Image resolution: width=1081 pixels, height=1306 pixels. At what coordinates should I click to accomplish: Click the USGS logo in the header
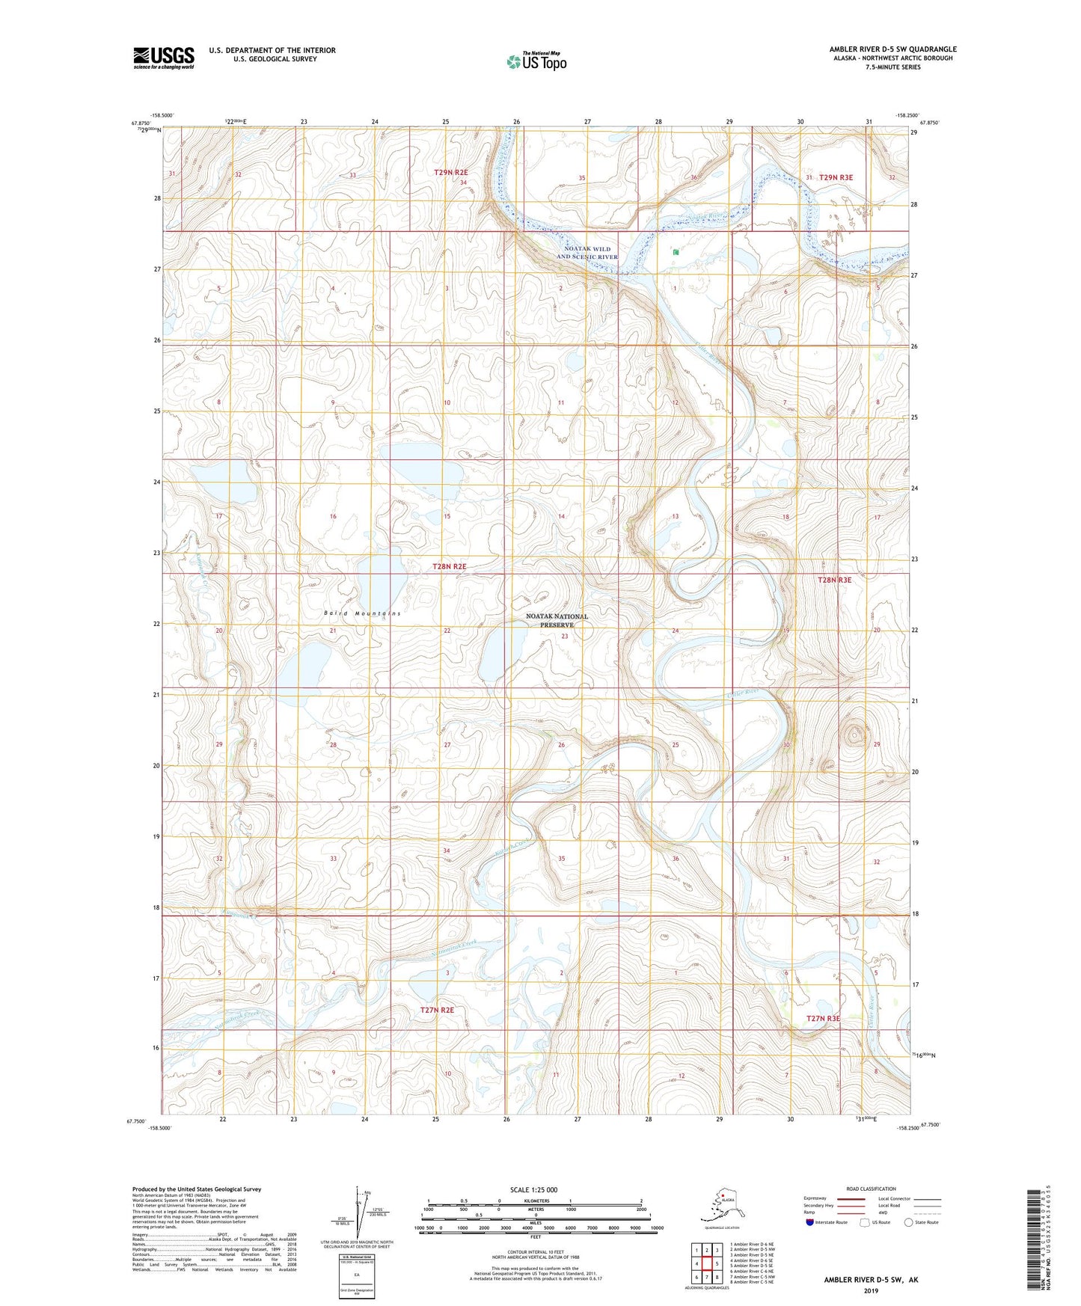coord(163,58)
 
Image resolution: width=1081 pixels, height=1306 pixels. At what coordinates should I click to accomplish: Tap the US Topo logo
coord(536,61)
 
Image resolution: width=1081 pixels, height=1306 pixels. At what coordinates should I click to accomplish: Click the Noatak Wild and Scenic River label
coord(587,253)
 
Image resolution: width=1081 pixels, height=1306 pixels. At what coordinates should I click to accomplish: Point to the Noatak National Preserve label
coord(557,621)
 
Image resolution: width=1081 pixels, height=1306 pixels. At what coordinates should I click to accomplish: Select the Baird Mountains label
coord(363,613)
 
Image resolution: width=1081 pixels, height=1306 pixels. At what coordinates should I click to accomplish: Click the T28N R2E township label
coord(449,567)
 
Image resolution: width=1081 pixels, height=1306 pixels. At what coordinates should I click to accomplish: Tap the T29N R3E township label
coord(836,177)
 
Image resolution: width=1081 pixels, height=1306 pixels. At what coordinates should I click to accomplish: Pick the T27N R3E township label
coord(823,1019)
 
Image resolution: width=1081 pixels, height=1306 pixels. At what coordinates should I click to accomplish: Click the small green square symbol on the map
coord(676,252)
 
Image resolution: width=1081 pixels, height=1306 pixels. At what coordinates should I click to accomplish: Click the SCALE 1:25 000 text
coord(533,1189)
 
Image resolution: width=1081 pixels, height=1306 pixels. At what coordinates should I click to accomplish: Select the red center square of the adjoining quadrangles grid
coord(706,1264)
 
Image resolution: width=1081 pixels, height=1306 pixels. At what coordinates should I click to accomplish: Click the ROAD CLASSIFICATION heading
coord(871,1189)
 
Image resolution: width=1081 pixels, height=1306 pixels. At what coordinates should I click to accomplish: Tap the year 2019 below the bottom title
coord(870,1290)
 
